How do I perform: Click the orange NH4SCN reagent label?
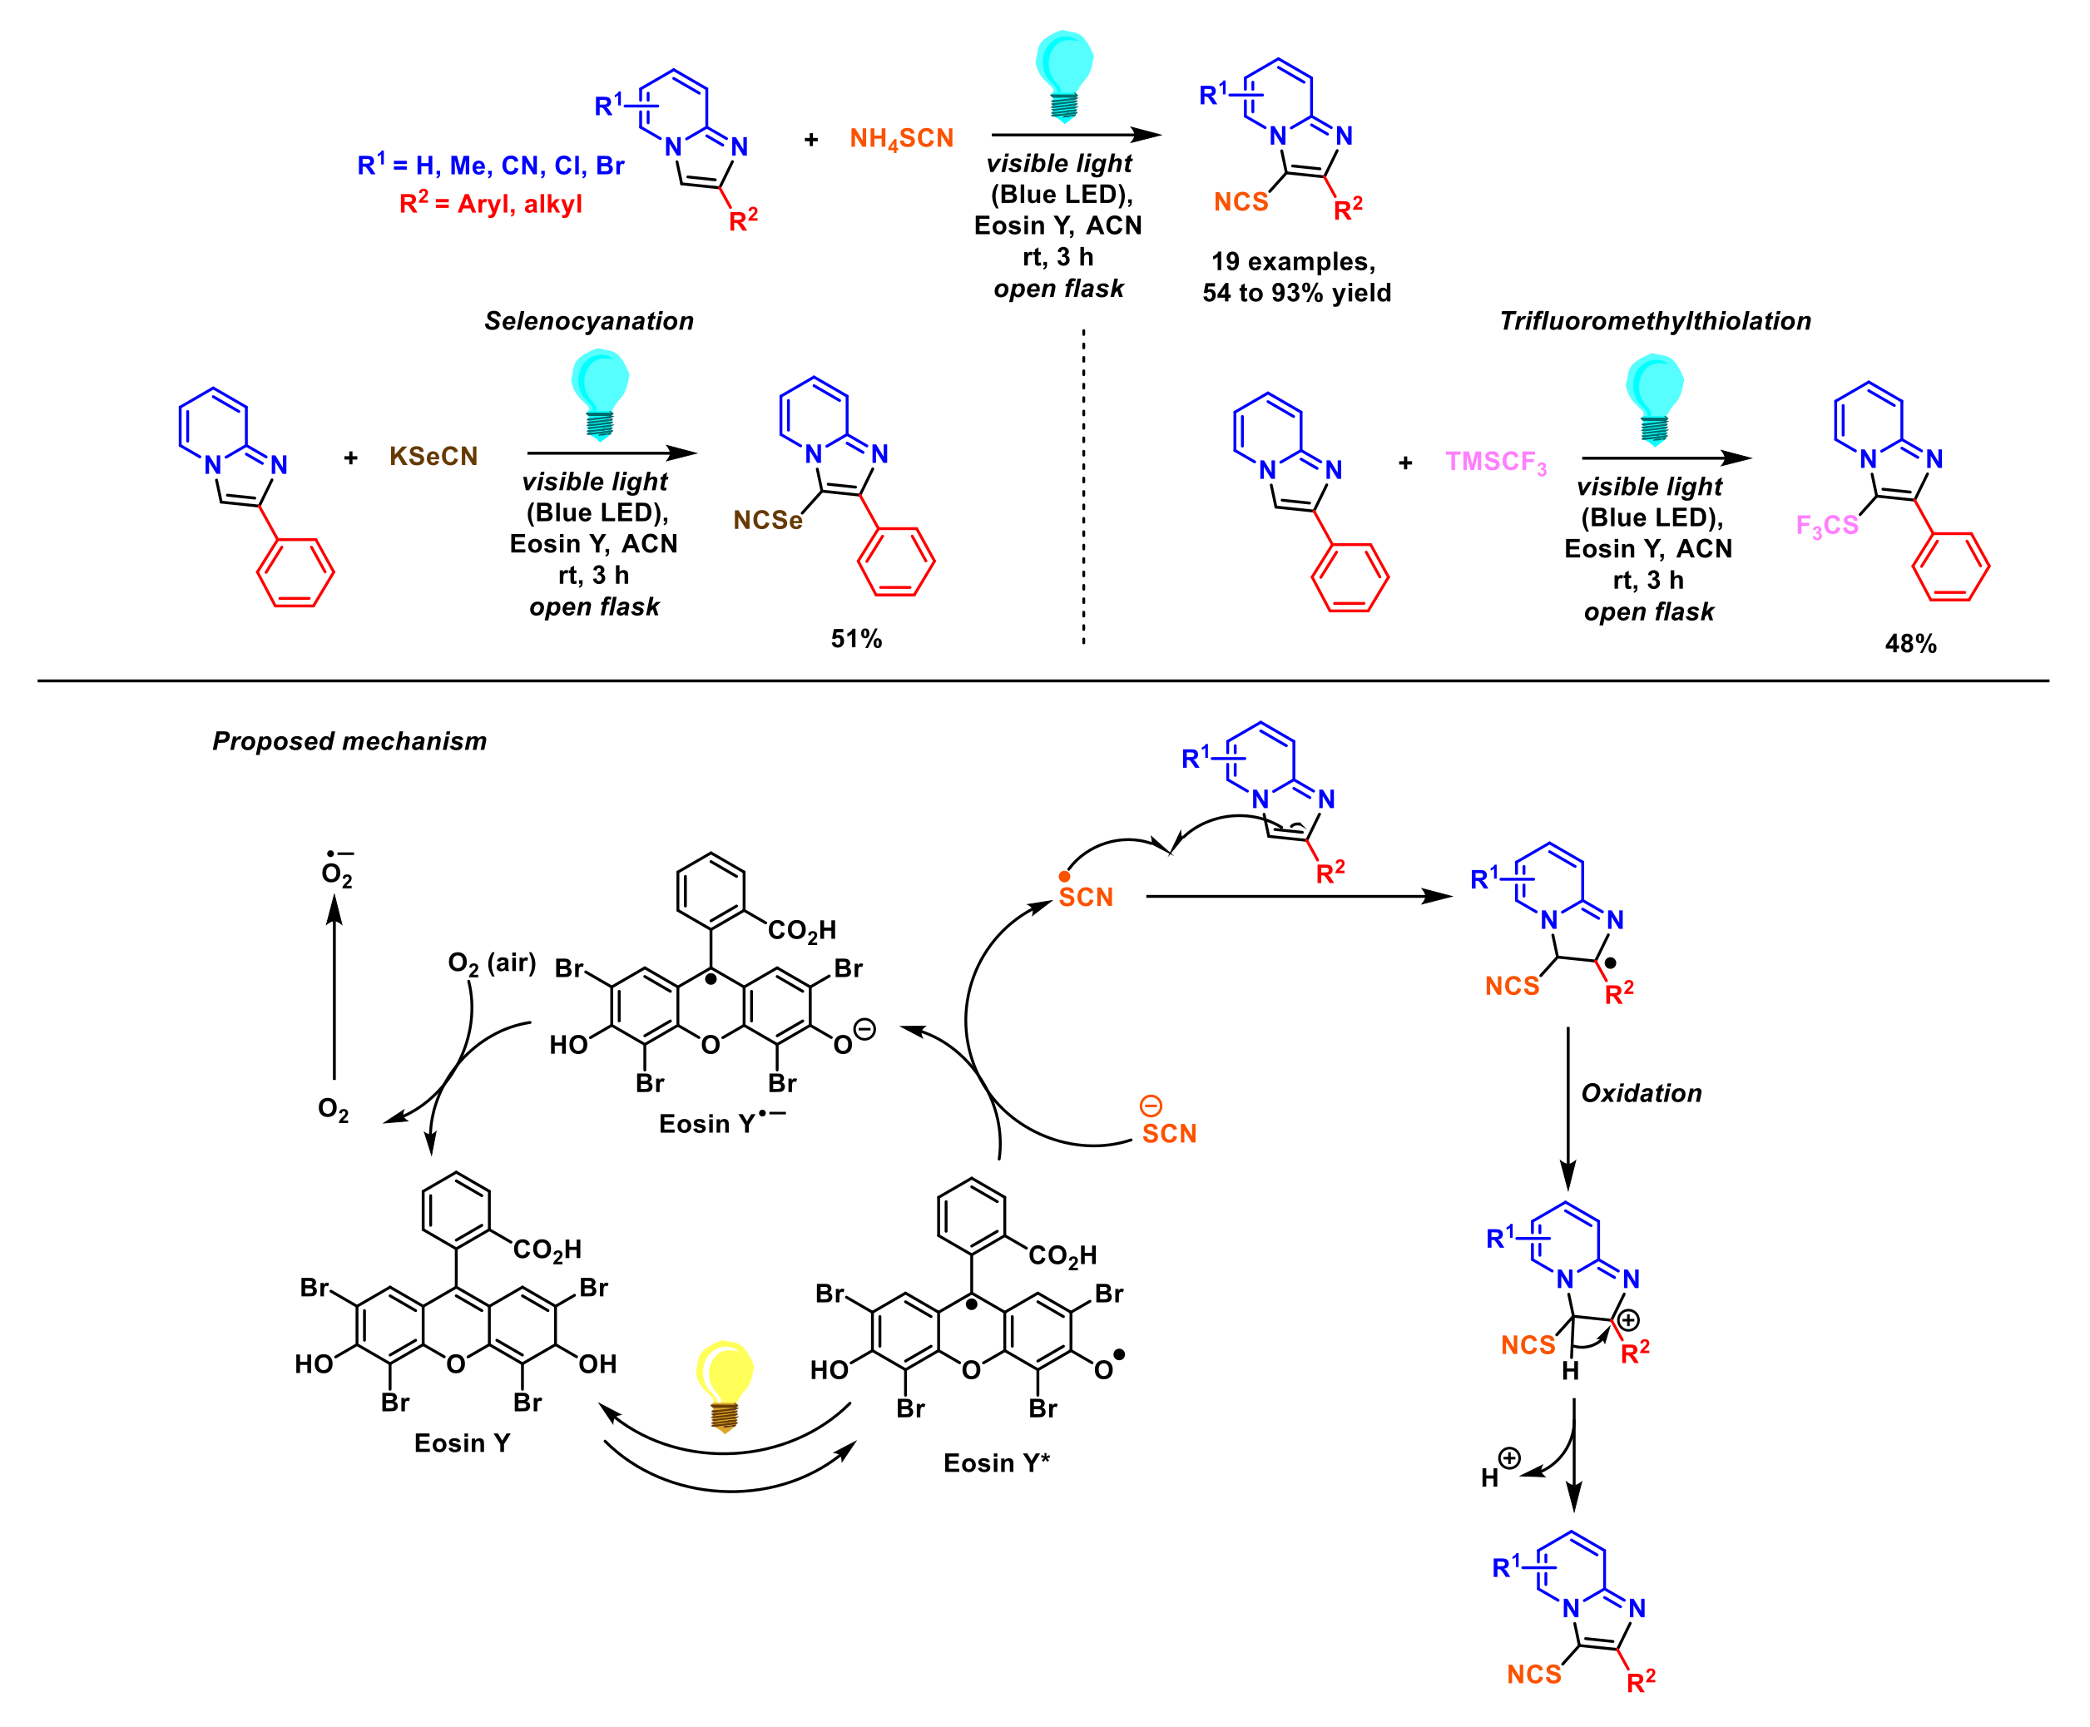tap(900, 138)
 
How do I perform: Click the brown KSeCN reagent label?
tap(433, 457)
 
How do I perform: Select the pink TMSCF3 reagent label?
tap(1495, 463)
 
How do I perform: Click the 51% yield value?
tap(855, 639)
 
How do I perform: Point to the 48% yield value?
tap(1910, 644)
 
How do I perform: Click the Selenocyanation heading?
tap(589, 321)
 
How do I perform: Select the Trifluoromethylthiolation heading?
tap(1654, 321)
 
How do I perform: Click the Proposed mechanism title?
tap(349, 741)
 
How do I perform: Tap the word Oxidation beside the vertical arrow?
tap(1642, 1093)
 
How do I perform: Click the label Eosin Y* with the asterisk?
tap(996, 1462)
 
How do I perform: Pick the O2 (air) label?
tap(492, 963)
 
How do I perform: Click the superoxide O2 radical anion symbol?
tap(336, 870)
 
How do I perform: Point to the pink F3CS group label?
tap(1826, 525)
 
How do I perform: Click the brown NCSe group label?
tap(767, 520)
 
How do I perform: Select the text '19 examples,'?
tap(1292, 262)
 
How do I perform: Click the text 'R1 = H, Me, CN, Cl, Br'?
tap(490, 166)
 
